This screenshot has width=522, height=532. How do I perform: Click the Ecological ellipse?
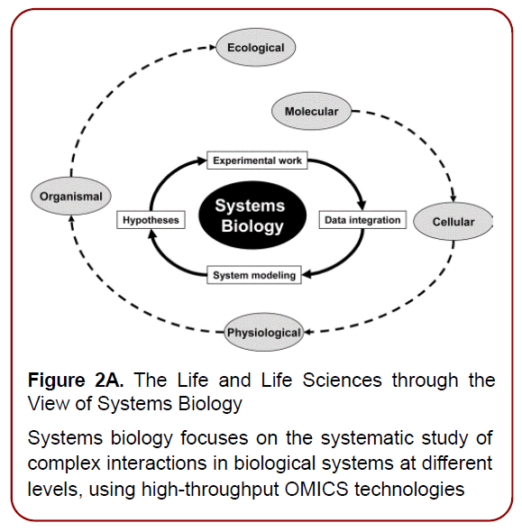pyautogui.click(x=255, y=47)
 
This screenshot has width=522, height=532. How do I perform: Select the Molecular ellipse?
pyautogui.click(x=311, y=112)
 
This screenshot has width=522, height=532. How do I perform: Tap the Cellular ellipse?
pyautogui.click(x=453, y=221)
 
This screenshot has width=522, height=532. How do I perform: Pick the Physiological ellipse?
pyautogui.click(x=263, y=333)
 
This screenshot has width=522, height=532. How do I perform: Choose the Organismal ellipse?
pyautogui.click(x=70, y=196)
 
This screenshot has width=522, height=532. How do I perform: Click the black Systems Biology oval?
pyautogui.click(x=249, y=216)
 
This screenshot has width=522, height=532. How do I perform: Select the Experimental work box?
pyautogui.click(x=257, y=161)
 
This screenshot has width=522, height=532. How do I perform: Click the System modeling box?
pyautogui.click(x=253, y=275)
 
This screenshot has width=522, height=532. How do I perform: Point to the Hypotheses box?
pyautogui.click(x=150, y=219)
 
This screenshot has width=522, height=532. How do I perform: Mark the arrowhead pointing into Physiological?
pyautogui.click(x=308, y=333)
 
